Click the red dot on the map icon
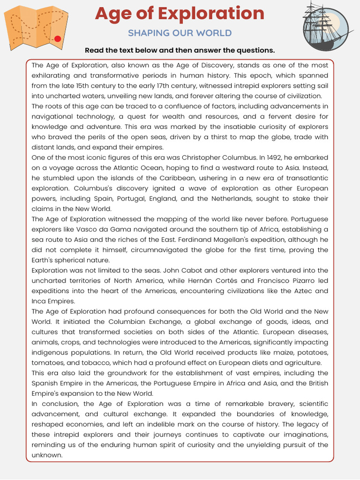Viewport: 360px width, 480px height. click(x=58, y=39)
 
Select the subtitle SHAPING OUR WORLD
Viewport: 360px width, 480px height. click(x=180, y=33)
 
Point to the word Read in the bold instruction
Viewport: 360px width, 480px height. click(x=94, y=50)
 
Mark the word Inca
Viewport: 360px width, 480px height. click(x=39, y=301)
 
